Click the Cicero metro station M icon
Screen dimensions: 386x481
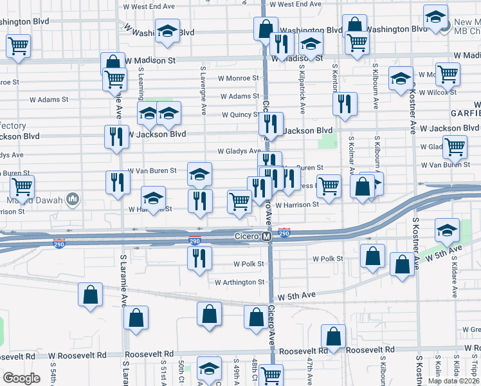click(x=267, y=237)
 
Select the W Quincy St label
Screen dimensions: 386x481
click(x=240, y=115)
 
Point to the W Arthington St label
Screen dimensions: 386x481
click(x=239, y=282)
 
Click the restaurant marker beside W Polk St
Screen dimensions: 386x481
click(x=199, y=259)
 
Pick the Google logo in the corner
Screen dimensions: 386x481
click(x=21, y=378)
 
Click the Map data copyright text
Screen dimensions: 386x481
click(x=453, y=380)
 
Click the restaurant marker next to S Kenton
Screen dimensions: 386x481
click(x=345, y=104)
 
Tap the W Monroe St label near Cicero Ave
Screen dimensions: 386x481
click(x=238, y=78)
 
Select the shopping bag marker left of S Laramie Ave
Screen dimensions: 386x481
click(x=91, y=295)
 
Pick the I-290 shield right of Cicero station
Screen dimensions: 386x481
click(x=284, y=232)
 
